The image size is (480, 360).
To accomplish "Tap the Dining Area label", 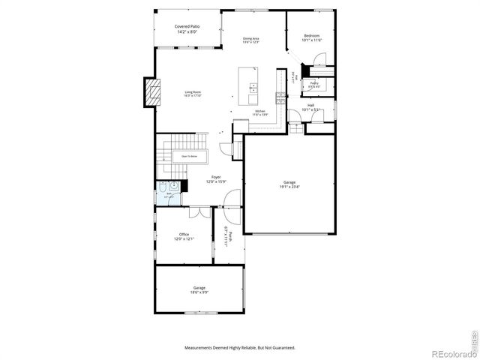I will point(250,38).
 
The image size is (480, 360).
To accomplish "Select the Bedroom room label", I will point(312,36).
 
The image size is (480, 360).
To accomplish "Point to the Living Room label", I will point(193,92).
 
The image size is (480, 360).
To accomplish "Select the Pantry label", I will point(314,83).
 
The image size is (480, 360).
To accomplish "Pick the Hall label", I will point(310,105).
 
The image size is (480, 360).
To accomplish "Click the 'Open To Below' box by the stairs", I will point(190,156).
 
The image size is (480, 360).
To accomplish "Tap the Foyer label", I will point(216,178).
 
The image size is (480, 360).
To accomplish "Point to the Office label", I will point(184,235).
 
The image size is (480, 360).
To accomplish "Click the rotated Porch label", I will point(231,235).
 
